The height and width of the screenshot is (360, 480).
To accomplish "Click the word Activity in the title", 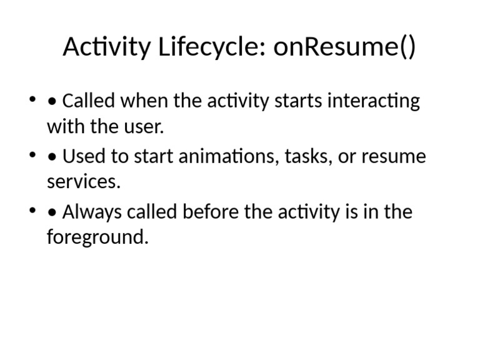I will pos(106,48).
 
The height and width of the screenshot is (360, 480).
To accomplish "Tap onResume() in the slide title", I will pos(344,48).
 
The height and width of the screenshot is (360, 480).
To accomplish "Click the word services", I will pos(83,182).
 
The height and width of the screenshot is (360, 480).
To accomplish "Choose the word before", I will pos(211,212).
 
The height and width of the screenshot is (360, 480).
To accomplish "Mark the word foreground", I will pos(97,239).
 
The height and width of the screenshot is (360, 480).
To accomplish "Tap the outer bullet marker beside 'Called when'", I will pos(32,101).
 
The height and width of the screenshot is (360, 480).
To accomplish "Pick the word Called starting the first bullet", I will pos(89,101).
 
